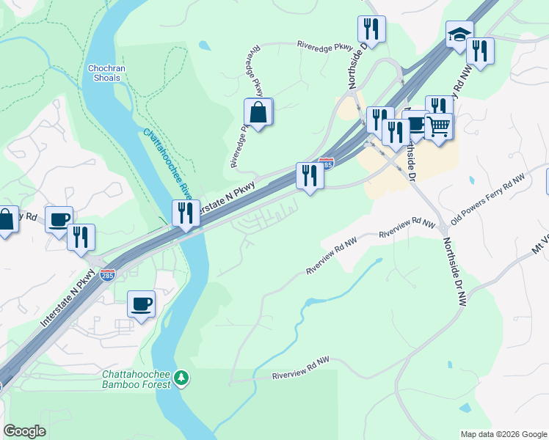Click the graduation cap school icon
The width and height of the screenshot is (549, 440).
[x=459, y=34]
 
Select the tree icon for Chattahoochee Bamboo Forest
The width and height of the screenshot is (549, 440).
[x=181, y=378]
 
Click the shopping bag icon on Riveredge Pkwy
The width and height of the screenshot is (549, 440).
[x=258, y=113]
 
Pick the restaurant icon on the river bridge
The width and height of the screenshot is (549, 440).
[x=186, y=213]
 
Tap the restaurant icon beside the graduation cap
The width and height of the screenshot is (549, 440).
[x=480, y=51]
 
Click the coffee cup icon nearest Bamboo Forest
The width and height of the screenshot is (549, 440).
[x=141, y=303]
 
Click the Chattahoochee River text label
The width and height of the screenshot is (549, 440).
[x=168, y=164]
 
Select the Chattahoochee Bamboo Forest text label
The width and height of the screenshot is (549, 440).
[x=136, y=378]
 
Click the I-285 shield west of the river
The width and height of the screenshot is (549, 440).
[x=107, y=275]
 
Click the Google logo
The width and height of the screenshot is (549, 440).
[x=24, y=431]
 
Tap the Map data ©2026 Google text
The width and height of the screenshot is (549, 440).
[x=503, y=434]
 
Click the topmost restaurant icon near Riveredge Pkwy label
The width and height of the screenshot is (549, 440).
[x=371, y=29]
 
